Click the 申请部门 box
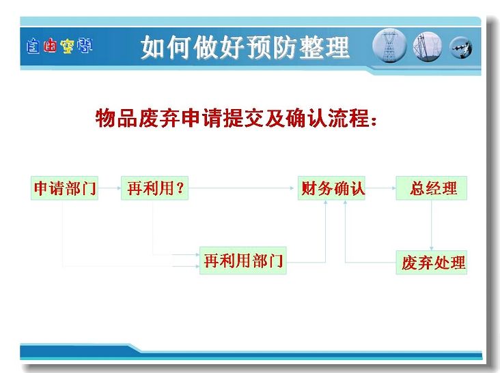pos(64,188)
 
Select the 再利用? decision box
pos(154,188)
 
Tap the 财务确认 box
pos(331,188)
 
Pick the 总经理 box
pos(432,188)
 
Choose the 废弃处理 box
pos(432,263)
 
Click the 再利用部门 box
pos(243,260)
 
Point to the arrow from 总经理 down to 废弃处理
pos(432,225)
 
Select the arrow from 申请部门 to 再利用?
pos(109,188)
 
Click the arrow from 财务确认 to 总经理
pos(380,188)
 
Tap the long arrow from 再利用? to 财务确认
pos(241,188)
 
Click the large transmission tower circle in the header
pos(389,46)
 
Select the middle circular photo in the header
pos(428,47)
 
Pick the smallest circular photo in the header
pos(461,48)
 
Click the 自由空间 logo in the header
pos(59,46)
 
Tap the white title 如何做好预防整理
pos(245,47)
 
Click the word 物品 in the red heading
pos(116,119)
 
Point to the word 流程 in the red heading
pos(348,119)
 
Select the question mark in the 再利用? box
pos(180,188)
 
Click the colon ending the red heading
pos(374,121)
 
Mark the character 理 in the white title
pos(337,47)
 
